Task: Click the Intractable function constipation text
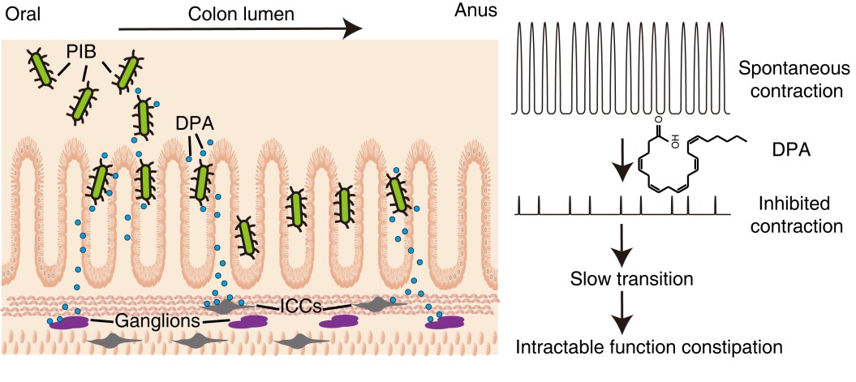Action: pos(649,348)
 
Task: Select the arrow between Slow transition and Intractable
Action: pos(621,313)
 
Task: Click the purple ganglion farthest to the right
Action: pos(445,322)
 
